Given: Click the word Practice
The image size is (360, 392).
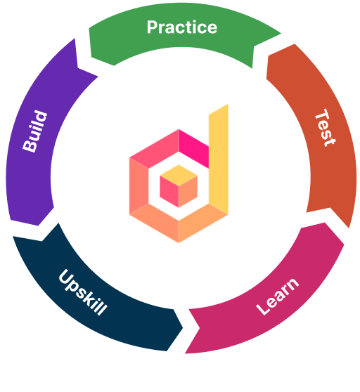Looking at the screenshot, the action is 182,27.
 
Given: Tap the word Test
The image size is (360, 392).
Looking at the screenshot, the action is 326,127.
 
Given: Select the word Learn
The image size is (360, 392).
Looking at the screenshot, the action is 278,296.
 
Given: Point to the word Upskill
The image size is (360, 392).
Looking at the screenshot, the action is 83,292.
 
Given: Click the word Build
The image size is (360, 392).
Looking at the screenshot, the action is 34,131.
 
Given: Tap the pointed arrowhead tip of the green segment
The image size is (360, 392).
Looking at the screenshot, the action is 281,33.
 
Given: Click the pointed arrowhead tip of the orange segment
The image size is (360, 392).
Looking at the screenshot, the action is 349,228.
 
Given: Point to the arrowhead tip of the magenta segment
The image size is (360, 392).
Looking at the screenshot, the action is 186,353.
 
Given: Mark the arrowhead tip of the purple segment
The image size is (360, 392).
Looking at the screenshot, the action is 75,39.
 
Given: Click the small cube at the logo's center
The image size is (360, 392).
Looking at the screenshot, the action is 179,186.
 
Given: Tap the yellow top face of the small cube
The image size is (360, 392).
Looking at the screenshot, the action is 179,175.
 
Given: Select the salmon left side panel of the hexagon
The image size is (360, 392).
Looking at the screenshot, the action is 139,185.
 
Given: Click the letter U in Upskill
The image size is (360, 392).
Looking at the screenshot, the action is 65,277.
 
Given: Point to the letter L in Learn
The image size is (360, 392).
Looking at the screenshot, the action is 263,308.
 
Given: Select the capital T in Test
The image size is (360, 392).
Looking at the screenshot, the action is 323,116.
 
